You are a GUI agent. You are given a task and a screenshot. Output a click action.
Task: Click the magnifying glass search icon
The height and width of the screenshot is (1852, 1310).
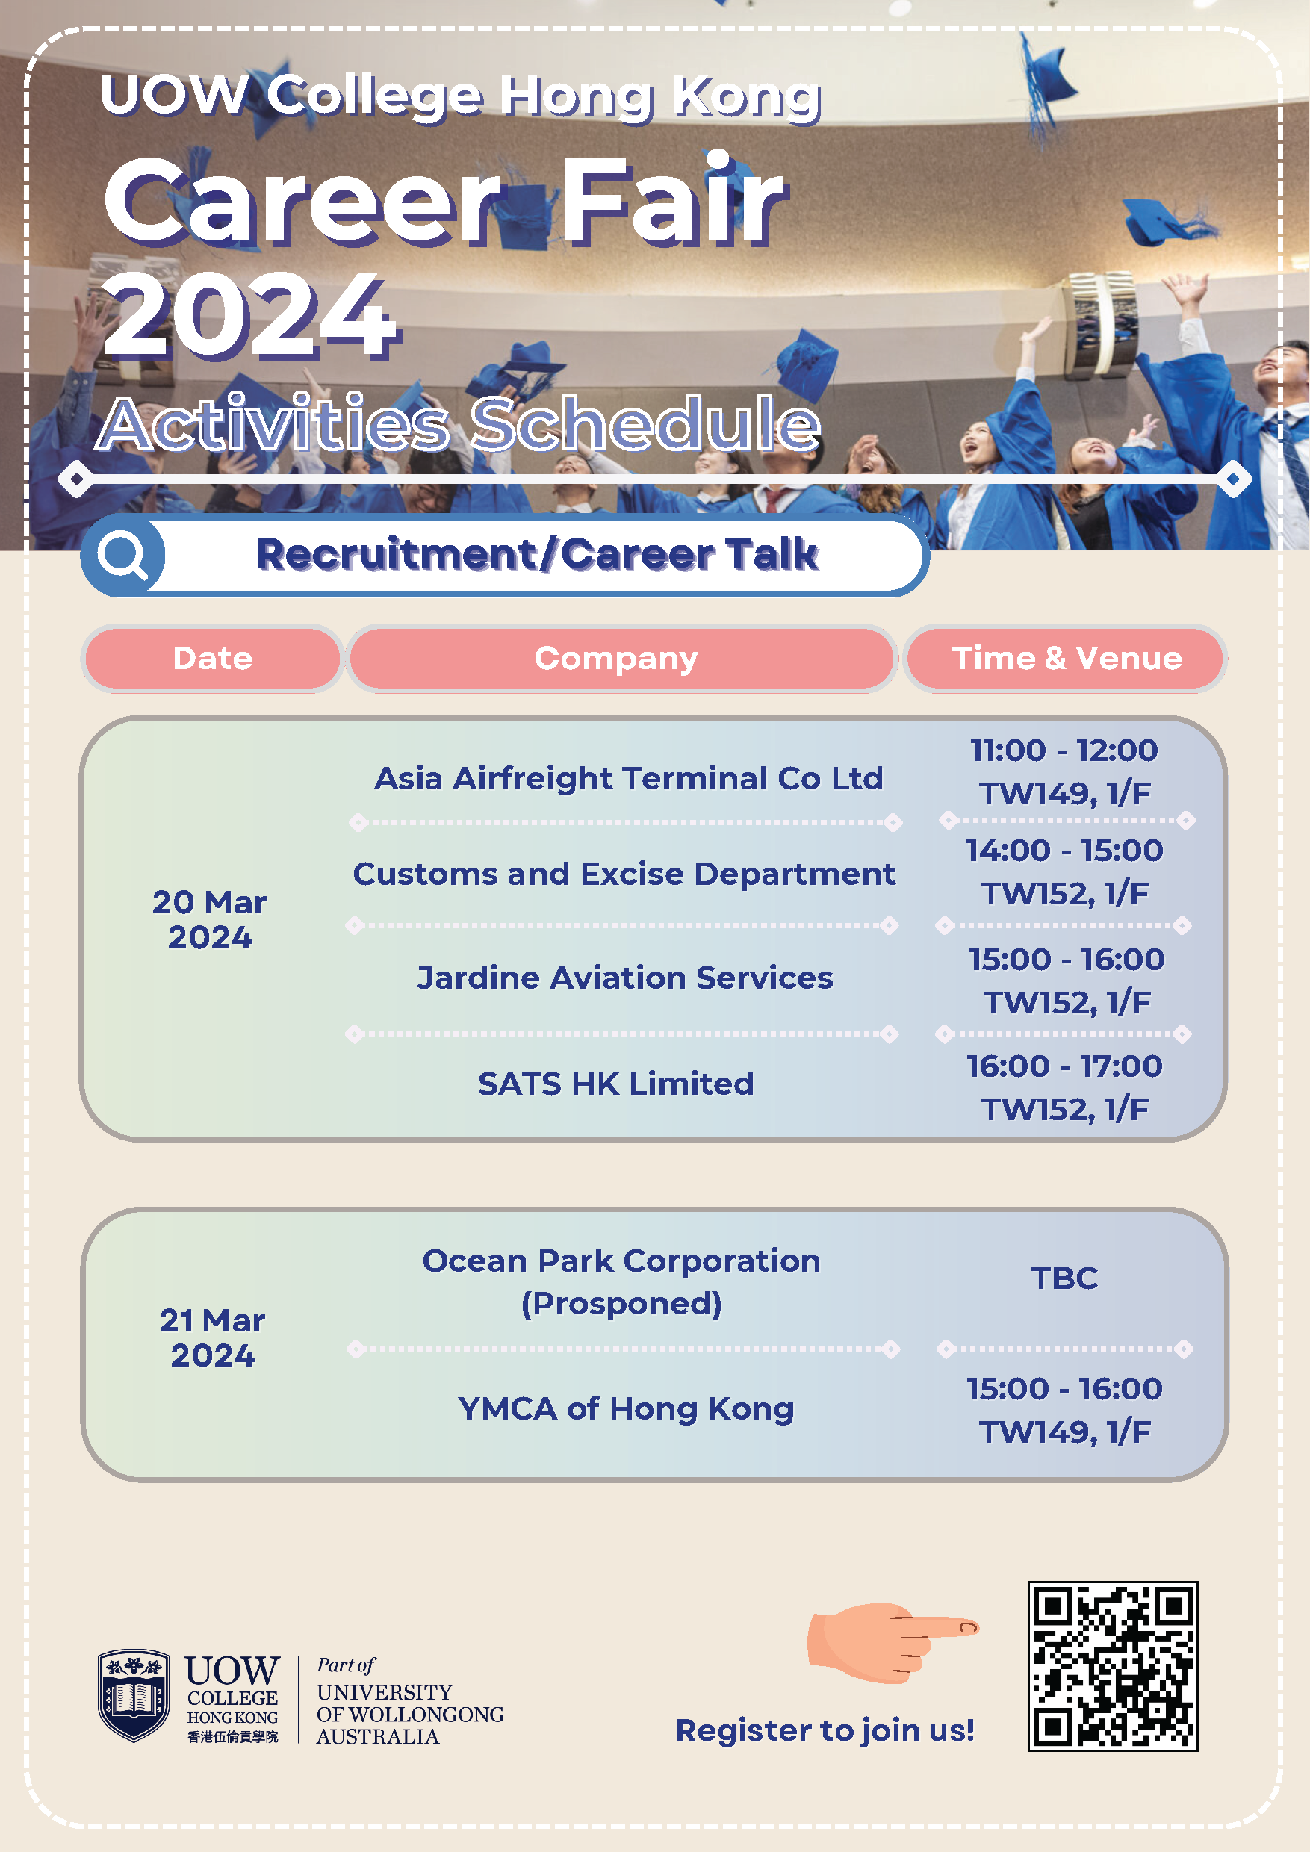click(x=122, y=555)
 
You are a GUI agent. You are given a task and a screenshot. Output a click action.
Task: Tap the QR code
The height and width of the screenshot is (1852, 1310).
click(x=1112, y=1665)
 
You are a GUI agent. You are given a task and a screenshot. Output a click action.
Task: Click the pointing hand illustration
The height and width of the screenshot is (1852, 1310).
click(x=893, y=1641)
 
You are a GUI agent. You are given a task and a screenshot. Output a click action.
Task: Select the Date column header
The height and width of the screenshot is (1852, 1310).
click(x=213, y=658)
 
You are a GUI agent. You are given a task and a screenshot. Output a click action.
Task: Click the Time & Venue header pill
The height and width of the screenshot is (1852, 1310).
click(x=1066, y=658)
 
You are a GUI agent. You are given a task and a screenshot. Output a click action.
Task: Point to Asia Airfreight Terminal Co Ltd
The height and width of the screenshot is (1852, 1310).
click(x=628, y=778)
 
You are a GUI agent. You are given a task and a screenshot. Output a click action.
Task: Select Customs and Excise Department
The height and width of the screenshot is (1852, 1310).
click(x=624, y=874)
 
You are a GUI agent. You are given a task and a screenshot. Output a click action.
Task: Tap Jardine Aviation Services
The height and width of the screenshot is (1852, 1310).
click(x=624, y=978)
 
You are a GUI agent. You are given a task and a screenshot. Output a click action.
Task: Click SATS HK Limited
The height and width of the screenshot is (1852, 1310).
click(x=615, y=1084)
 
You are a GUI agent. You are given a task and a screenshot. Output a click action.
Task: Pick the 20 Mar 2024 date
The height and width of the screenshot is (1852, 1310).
click(x=210, y=919)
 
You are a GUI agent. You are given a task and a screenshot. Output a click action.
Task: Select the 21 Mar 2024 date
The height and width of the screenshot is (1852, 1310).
click(x=212, y=1337)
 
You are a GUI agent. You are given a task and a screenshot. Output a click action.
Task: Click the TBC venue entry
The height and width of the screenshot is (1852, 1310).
click(x=1064, y=1278)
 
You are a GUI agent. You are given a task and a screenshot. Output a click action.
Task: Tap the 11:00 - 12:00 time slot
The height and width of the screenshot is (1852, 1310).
click(x=1064, y=751)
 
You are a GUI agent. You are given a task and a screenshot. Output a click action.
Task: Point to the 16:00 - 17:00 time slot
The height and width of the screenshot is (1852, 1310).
click(x=1065, y=1066)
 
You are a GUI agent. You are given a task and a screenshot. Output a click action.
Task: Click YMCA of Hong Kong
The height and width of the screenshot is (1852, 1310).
click(x=626, y=1408)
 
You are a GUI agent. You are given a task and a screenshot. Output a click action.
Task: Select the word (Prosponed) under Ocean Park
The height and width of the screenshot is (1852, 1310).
click(x=621, y=1304)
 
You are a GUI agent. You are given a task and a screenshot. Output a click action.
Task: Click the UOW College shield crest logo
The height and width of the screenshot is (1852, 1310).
click(x=134, y=1694)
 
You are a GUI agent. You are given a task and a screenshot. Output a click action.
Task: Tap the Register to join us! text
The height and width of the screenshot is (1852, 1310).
click(x=825, y=1730)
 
